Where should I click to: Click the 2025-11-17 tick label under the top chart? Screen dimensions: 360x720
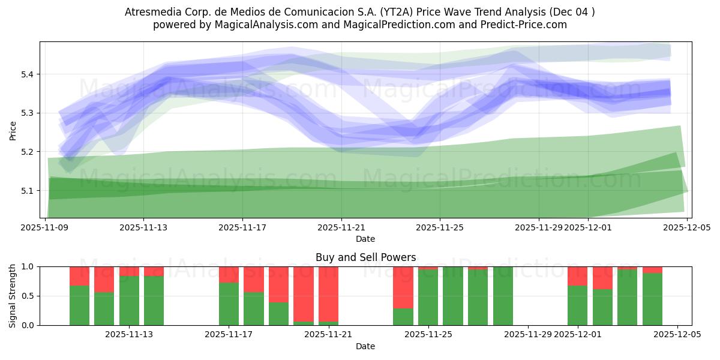[242, 227]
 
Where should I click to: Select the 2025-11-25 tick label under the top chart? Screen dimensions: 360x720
[439, 227]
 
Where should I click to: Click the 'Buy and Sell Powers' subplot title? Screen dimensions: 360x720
[365, 257]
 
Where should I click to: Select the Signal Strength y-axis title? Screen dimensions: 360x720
[13, 296]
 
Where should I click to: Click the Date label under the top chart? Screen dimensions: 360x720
[365, 239]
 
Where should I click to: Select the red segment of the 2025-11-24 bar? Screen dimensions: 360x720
[403, 287]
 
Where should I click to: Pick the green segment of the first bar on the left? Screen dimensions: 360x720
[79, 305]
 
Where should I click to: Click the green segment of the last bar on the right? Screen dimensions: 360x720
[652, 299]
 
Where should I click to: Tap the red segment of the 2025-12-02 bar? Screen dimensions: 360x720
[602, 278]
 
